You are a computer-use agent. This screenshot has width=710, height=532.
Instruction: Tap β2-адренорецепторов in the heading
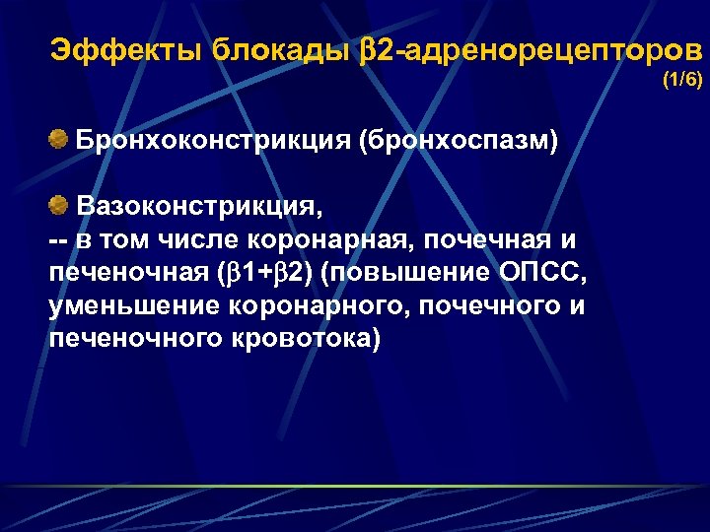pos(533,50)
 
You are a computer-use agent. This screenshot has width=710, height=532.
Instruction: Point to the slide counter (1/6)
pos(681,80)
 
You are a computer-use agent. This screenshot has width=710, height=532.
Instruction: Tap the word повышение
pos(400,273)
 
